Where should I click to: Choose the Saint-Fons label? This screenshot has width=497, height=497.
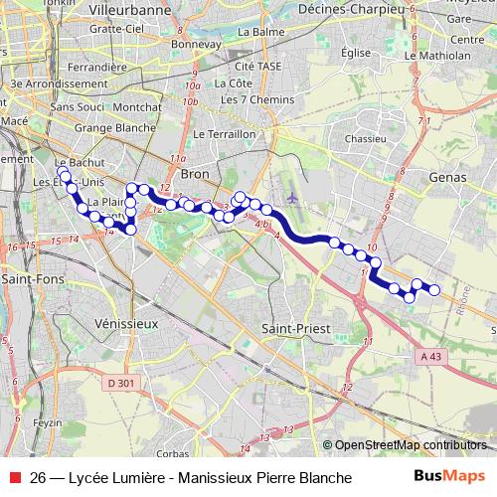[27, 279]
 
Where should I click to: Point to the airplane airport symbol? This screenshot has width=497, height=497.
[291, 197]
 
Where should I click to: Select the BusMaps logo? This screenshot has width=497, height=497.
[448, 478]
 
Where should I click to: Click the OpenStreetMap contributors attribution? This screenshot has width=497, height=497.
[411, 444]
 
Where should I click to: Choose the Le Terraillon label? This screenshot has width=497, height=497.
[226, 133]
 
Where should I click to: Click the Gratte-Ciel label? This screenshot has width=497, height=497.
[114, 29]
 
